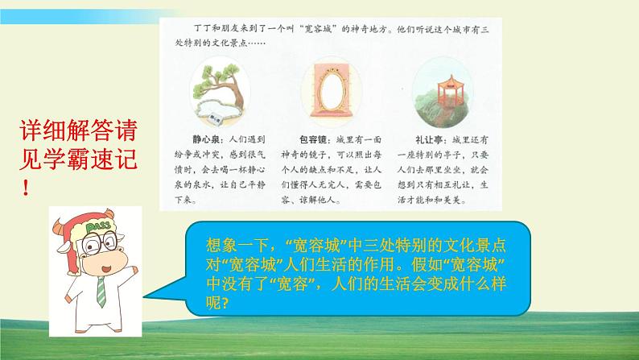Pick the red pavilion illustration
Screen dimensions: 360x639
(x=438, y=85)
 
